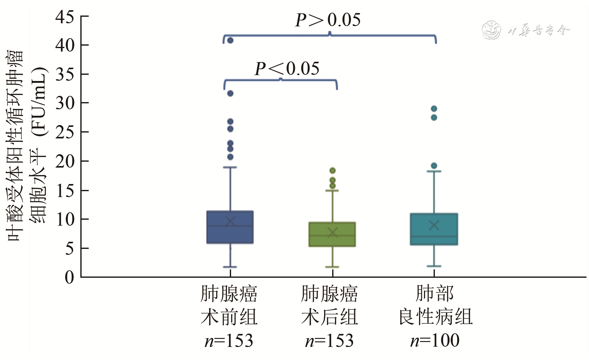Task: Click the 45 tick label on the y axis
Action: pos(65,17)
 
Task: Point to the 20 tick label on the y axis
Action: pos(65,161)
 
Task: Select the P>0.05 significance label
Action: pos(328,20)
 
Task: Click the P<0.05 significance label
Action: pos(287,69)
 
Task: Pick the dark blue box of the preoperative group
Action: pos(230,227)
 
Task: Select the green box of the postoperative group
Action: pos(332,235)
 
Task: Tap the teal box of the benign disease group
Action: pos(434,229)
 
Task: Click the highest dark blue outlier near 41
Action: pos(230,40)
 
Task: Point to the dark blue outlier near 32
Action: pos(230,93)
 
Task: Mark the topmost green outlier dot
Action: pos(332,170)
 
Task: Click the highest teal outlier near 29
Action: pos(434,109)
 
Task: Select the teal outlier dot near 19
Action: pos(434,166)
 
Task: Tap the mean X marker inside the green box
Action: pos(332,232)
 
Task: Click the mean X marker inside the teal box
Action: pos(434,225)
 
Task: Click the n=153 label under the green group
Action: pos(329,341)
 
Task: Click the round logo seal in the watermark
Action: pos(491,30)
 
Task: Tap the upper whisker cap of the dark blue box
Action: pos(230,167)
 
